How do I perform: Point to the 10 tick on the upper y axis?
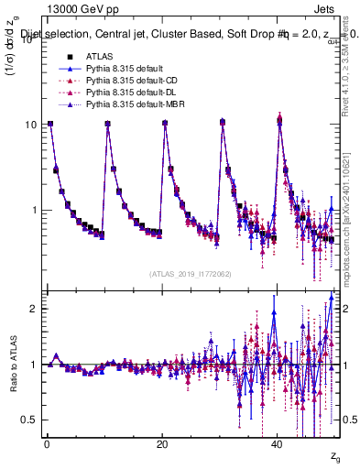tap(30, 125)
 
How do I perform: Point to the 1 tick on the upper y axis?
tap(33, 210)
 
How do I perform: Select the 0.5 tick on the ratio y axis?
tap(30, 420)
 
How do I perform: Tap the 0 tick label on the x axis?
tap(46, 444)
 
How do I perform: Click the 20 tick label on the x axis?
tap(163, 444)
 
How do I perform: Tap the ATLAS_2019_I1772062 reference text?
tap(191, 273)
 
